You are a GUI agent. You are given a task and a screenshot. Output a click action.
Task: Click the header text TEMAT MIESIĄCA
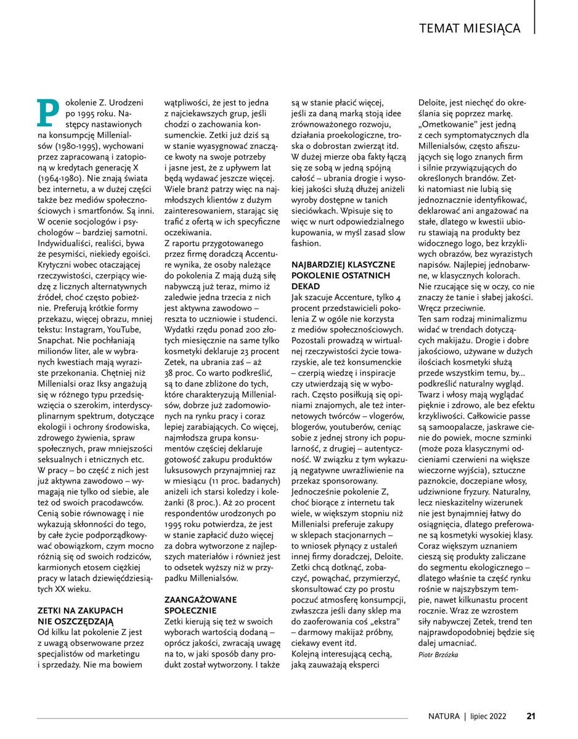click(x=470, y=28)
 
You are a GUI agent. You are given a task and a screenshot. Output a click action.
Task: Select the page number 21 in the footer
click(x=531, y=716)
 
